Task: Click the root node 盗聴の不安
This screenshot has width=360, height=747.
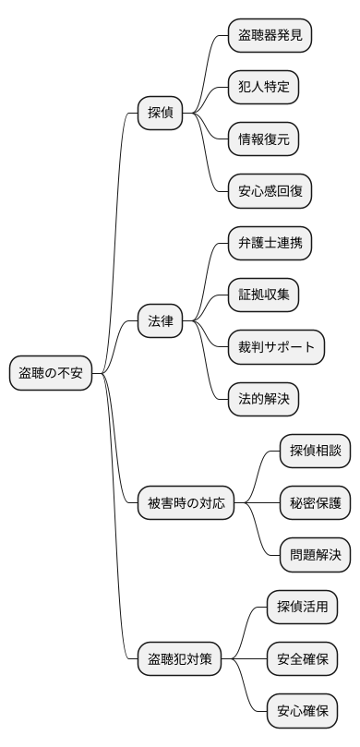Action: [52, 374]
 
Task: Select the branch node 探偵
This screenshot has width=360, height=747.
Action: [160, 114]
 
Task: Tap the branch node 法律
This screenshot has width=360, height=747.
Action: [160, 321]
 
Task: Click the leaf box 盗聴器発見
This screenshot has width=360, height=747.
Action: [270, 36]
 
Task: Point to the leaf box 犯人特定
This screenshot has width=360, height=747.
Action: [263, 88]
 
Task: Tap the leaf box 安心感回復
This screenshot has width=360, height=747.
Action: [270, 192]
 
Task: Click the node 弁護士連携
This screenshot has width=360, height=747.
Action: [270, 244]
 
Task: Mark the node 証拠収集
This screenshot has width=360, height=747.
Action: [263, 295]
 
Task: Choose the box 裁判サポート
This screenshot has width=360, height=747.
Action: [276, 347]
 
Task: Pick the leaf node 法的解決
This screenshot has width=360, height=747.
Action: [263, 400]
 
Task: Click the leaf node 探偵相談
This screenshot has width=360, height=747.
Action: [315, 452]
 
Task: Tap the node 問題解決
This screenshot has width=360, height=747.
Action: [315, 556]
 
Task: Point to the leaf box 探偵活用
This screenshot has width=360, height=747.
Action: [302, 608]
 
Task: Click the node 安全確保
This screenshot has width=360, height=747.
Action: [302, 659]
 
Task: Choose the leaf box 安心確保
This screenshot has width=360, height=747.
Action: [302, 711]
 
